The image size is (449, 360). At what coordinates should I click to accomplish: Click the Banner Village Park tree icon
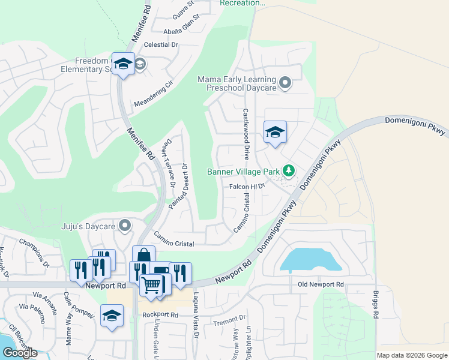289,171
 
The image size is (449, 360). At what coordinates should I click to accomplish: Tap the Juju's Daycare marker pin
125,226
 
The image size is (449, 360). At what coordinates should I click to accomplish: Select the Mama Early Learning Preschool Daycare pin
285,83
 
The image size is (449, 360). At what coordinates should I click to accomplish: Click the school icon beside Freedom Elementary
124,64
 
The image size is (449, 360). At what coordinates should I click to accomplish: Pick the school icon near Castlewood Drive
275,133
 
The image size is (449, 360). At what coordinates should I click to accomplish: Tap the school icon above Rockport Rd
112,316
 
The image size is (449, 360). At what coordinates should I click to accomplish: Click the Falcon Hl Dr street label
247,187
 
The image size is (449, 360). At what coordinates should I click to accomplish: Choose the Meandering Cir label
152,92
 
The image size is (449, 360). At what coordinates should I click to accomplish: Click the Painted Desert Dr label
178,186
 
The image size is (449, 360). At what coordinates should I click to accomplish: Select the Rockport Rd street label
160,314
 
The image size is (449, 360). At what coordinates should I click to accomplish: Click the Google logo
20,353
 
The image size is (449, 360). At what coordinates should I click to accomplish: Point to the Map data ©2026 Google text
411,355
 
